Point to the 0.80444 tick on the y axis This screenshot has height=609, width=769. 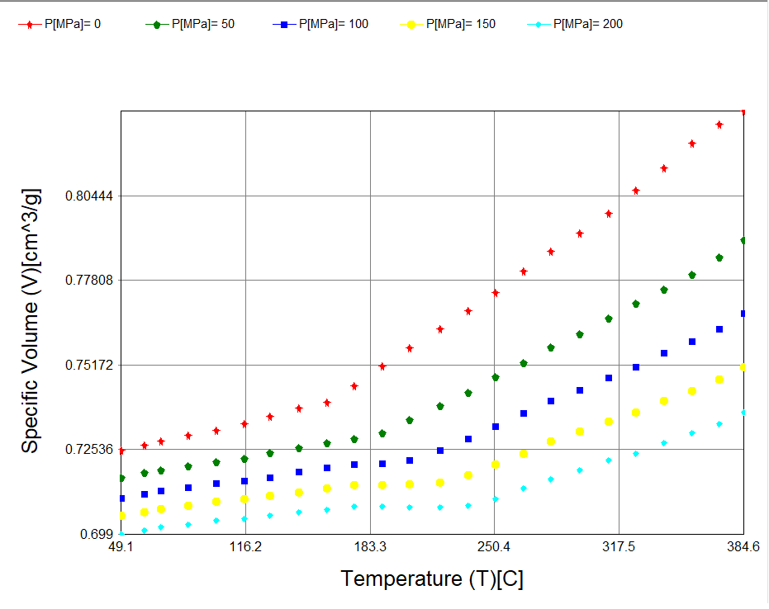coord(90,196)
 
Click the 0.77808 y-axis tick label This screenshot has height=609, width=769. coord(90,281)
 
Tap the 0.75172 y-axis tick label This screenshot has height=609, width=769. coord(90,366)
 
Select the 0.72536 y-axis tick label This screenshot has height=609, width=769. coord(90,450)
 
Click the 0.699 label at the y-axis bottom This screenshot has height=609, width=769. coord(97,534)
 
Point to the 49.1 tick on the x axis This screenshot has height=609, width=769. coord(121,547)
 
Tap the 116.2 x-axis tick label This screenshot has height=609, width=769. coord(245,547)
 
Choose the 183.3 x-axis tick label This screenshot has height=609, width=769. coord(370,547)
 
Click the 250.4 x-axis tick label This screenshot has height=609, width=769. coord(494,547)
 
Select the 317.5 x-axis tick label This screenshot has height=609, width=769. coord(619,547)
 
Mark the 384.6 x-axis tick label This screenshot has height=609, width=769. coord(743,547)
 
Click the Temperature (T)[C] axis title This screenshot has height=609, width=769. coord(432,579)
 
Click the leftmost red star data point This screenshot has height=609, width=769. coord(121,451)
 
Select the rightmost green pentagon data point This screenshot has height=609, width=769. coord(743,240)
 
